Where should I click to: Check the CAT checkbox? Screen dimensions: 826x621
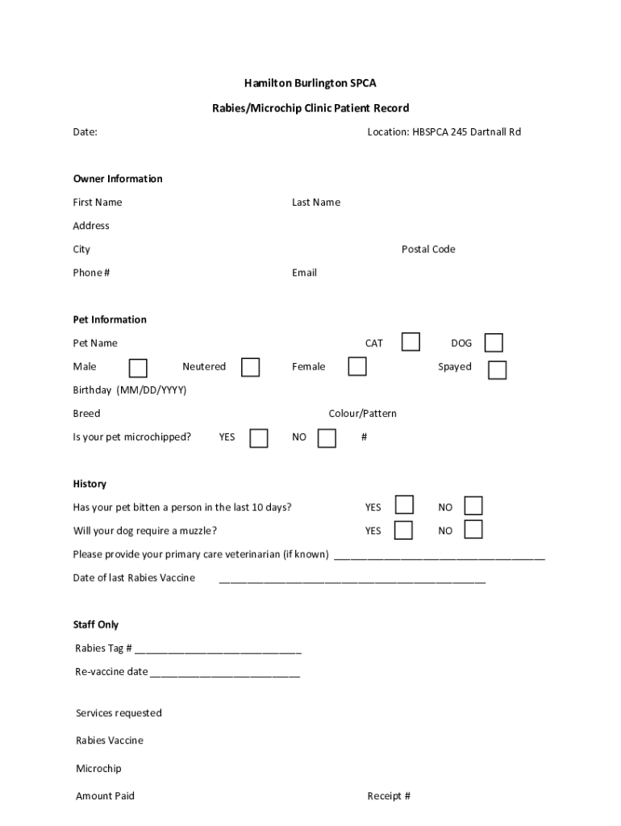(x=411, y=342)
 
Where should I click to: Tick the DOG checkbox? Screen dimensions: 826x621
(x=494, y=343)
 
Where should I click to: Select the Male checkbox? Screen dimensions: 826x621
(x=138, y=368)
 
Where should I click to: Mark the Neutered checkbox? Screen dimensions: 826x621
(x=251, y=367)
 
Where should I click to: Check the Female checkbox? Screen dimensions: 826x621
(x=357, y=366)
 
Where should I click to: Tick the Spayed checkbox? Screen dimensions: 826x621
(x=498, y=369)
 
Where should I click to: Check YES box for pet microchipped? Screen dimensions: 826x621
(x=258, y=438)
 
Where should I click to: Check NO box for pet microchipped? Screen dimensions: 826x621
(x=327, y=438)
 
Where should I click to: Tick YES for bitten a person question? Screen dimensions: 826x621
(x=404, y=506)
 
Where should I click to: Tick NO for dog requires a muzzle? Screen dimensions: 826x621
(x=473, y=530)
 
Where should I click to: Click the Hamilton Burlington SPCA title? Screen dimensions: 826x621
(x=310, y=83)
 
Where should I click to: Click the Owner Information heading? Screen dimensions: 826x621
(x=118, y=179)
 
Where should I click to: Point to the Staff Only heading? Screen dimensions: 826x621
(x=96, y=625)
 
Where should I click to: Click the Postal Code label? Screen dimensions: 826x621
(x=428, y=249)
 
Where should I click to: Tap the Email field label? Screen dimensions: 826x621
(x=304, y=273)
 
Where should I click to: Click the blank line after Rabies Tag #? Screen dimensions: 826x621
(x=218, y=649)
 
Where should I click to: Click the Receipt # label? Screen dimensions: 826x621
(x=389, y=796)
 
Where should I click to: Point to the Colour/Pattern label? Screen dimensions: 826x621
(x=362, y=414)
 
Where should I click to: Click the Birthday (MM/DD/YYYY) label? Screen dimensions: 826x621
(x=130, y=390)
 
